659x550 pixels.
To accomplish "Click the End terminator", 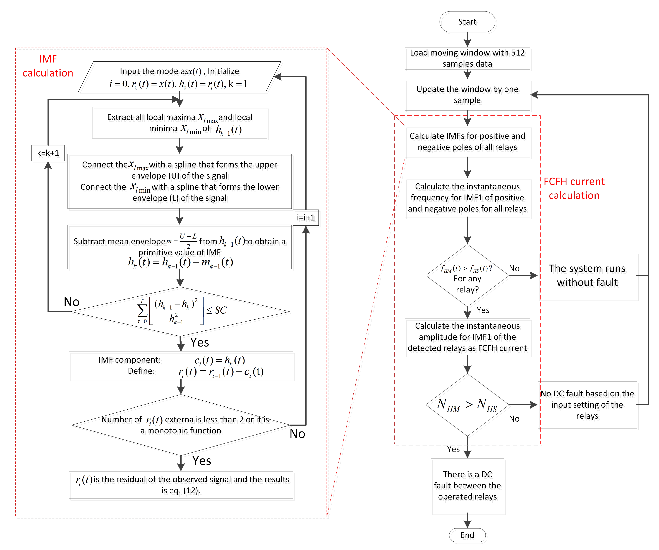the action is point(467,535).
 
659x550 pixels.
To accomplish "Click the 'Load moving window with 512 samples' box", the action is point(467,58).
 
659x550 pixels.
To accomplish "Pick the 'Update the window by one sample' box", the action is point(467,94).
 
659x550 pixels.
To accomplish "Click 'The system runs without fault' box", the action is point(587,275).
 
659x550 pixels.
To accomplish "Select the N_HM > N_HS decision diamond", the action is point(467,405).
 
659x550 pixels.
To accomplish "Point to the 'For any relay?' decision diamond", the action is point(467,275).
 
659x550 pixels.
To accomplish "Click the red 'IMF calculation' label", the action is point(48,66).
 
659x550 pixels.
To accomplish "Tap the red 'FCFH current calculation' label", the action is point(574,188).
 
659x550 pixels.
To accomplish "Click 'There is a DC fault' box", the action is point(467,485).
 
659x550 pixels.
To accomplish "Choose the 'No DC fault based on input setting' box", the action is point(587,405).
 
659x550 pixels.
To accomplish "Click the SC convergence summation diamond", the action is point(180,312).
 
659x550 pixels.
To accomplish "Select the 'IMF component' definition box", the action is point(181,365).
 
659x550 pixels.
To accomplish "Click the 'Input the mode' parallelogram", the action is point(179,76).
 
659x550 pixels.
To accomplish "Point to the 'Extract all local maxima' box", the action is point(179,123).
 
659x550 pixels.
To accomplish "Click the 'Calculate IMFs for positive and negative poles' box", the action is point(467,141).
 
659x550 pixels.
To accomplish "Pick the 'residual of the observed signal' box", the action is point(181,485).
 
